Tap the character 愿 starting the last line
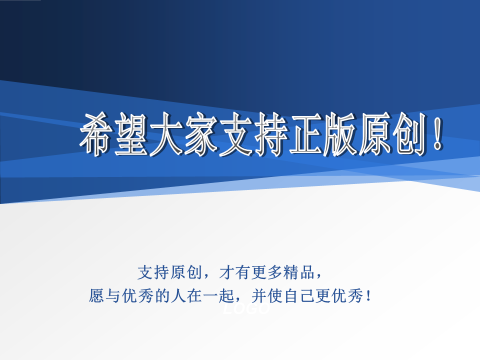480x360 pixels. pyautogui.click(x=96, y=296)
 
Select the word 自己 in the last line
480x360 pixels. pyautogui.click(x=305, y=296)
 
